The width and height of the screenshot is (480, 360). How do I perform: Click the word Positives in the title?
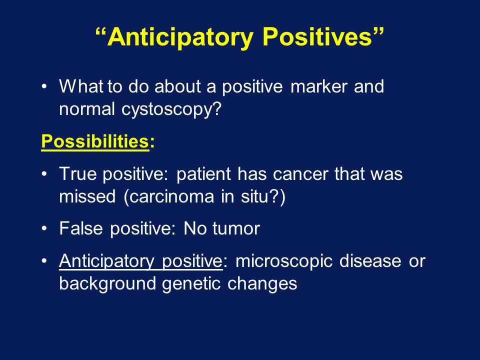(317, 37)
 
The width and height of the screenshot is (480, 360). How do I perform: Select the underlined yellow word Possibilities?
(95, 142)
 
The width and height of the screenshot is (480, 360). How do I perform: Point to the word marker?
(318, 86)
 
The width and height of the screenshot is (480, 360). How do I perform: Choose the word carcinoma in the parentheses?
(171, 196)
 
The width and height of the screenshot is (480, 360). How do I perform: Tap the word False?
(81, 228)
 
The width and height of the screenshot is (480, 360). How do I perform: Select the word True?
(78, 174)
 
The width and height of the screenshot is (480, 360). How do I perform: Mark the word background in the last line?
(107, 284)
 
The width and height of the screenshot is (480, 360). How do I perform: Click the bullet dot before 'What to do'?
(44, 86)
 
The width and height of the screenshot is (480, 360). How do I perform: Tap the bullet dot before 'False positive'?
(44, 228)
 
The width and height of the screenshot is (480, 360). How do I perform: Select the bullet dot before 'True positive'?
(44, 174)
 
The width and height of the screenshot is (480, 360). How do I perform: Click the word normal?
(87, 109)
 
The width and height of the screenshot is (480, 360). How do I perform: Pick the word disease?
(370, 261)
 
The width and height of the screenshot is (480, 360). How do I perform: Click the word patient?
(203, 174)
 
